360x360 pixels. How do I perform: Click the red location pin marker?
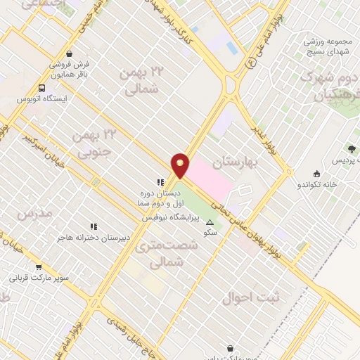(181, 166)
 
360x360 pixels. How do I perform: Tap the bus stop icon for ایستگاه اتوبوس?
(41, 89)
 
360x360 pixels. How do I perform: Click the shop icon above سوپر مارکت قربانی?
(39, 267)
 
